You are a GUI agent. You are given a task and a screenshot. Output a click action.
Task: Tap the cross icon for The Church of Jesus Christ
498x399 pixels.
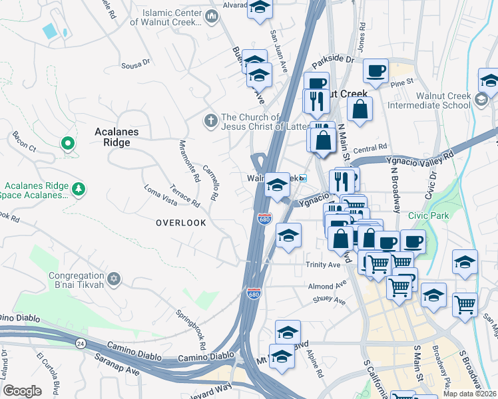pos(210,120)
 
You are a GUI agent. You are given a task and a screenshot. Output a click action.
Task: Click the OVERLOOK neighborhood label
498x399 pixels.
pos(181,223)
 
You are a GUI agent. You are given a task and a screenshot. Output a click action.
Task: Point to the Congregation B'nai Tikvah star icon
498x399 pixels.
pos(114,277)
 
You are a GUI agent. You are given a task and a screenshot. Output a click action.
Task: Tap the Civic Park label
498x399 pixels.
pos(429,215)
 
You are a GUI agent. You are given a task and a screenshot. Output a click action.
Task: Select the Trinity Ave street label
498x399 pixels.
pos(324,265)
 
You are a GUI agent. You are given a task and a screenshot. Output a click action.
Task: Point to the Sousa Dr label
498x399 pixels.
pos(136,65)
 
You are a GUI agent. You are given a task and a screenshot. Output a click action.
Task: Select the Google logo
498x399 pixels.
pos(22,391)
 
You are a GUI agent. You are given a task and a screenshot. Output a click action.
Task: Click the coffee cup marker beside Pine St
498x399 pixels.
pos(376,70)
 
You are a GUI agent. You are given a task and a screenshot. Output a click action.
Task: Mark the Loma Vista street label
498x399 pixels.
pos(160,194)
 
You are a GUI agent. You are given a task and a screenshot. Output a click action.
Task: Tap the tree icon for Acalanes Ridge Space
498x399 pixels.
pos(79,190)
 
